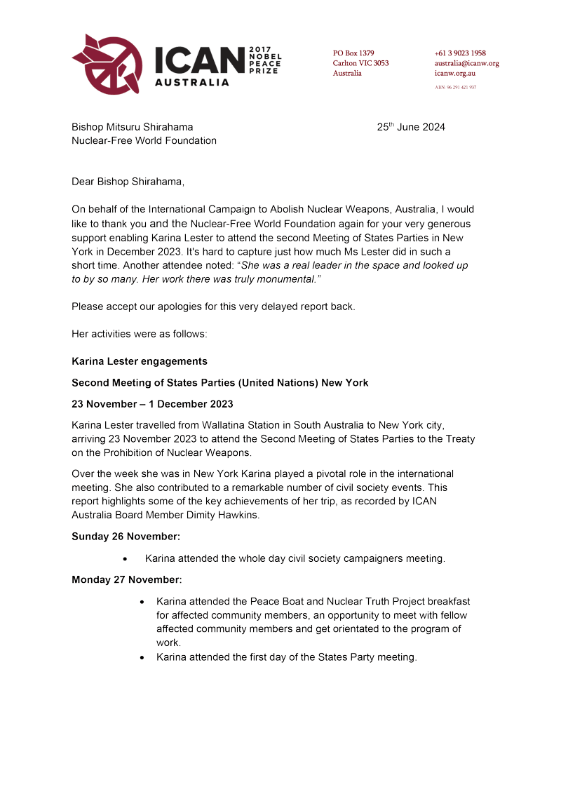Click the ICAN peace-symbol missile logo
pyautogui.click(x=107, y=63)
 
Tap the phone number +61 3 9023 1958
pyautogui.click(x=460, y=53)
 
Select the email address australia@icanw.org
pyautogui.click(x=466, y=63)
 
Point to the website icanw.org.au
pyautogui.click(x=455, y=73)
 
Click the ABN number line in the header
pyautogui.click(x=456, y=88)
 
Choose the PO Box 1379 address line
pyautogui.click(x=353, y=53)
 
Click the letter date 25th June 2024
pyautogui.click(x=411, y=127)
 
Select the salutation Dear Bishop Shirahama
pyautogui.click(x=128, y=182)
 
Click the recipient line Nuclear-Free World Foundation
pyautogui.click(x=144, y=140)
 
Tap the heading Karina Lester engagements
pyautogui.click(x=140, y=361)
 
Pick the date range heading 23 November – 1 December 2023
pyautogui.click(x=152, y=404)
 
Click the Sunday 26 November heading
pyautogui.click(x=126, y=537)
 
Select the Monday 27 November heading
pyautogui.click(x=126, y=580)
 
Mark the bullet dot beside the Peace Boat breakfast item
pyautogui.click(x=142, y=602)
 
